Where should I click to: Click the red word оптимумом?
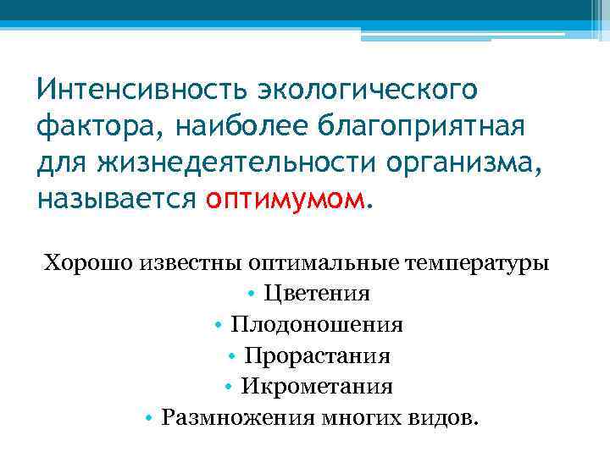coord(286,200)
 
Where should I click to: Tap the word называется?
coord(116,200)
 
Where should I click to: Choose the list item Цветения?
coord(317,294)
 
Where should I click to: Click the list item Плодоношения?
coord(317,325)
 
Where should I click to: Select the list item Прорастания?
coord(317,356)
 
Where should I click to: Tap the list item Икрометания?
coord(317,387)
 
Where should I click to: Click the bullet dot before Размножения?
coord(149,419)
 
